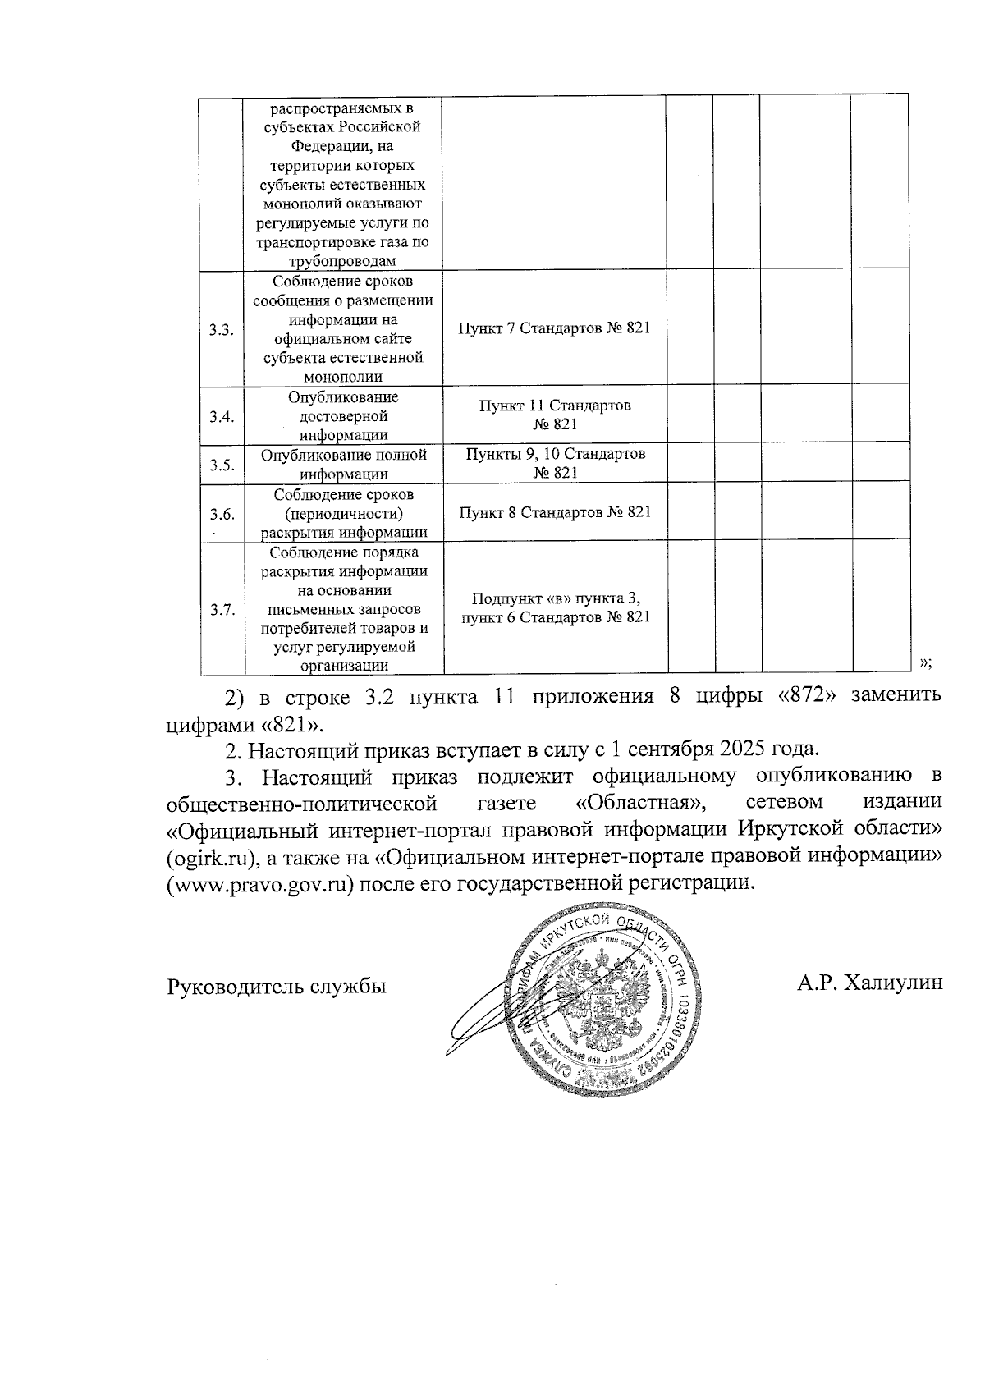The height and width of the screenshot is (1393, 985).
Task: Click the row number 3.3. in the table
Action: (x=221, y=330)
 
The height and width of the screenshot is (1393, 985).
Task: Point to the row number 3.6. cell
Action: (x=221, y=515)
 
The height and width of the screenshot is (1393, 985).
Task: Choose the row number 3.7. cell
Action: (x=221, y=610)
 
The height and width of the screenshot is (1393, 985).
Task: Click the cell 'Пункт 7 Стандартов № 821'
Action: (x=554, y=328)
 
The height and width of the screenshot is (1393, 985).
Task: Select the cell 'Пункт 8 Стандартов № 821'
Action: (x=554, y=513)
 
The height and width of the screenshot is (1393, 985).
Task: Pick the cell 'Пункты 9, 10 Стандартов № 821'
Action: (x=554, y=463)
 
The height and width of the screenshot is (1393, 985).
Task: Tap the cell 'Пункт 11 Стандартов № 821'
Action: (x=554, y=415)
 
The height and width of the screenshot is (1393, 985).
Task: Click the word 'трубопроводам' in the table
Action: (x=343, y=261)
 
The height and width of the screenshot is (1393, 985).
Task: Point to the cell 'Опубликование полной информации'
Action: (x=343, y=464)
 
